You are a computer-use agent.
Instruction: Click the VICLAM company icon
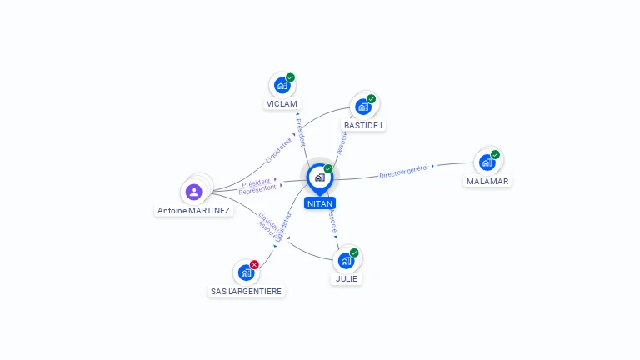tap(282, 85)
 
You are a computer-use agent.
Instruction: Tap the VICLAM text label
tap(282, 104)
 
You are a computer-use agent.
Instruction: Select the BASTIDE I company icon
tap(362, 106)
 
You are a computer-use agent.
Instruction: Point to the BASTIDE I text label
tap(363, 126)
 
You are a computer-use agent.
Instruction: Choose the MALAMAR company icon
tap(487, 162)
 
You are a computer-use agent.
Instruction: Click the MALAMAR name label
tap(487, 181)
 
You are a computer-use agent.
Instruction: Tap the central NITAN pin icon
tap(319, 177)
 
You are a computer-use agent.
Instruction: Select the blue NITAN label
tap(320, 203)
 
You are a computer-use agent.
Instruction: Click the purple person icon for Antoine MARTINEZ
tap(194, 192)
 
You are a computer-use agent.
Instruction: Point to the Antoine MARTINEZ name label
tap(193, 211)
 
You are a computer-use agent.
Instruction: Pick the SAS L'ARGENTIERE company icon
tap(246, 272)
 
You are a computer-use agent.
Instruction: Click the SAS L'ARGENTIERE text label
tap(246, 292)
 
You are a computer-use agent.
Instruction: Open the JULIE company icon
tap(346, 260)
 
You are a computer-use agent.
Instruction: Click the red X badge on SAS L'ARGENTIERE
tap(254, 264)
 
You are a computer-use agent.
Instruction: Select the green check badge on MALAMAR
tap(495, 154)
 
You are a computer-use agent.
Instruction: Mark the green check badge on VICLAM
tap(290, 77)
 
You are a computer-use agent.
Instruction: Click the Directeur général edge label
tap(404, 172)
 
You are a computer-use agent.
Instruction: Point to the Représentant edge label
tap(257, 189)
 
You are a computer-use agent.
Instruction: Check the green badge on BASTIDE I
tap(371, 98)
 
